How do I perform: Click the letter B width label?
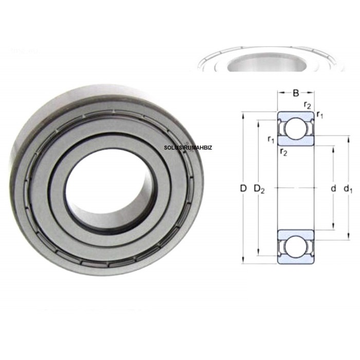(296, 93)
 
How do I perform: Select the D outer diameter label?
(243, 189)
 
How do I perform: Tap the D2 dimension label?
(260, 189)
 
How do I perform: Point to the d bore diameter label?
(333, 189)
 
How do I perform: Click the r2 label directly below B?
(307, 105)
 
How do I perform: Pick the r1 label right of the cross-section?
(320, 114)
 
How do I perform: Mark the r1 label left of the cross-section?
(271, 139)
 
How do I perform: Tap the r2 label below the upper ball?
(283, 151)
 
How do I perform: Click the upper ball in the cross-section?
(296, 129)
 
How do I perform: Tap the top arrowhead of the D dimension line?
(243, 114)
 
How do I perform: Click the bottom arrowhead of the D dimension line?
(243, 262)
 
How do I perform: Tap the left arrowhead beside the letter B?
(280, 93)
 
